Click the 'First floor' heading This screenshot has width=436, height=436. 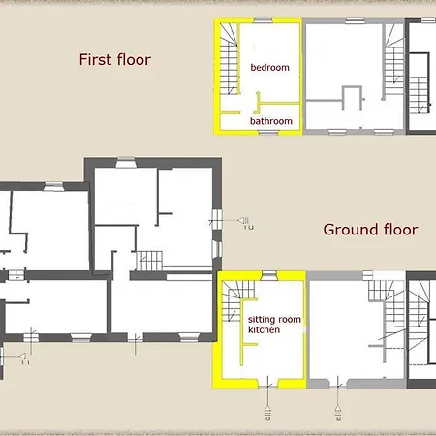[x=115, y=60]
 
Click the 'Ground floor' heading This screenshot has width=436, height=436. [x=370, y=230]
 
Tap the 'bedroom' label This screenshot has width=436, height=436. [x=270, y=68]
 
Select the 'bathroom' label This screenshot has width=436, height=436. [x=271, y=121]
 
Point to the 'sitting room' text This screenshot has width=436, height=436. [x=274, y=320]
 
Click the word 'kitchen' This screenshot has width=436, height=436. [x=264, y=329]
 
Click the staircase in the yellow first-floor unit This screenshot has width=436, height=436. [x=229, y=59]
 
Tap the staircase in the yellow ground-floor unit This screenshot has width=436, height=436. [x=235, y=301]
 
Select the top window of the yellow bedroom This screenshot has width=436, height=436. [x=263, y=20]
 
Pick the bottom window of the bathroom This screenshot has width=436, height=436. [x=268, y=133]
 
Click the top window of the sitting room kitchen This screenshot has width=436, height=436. [x=268, y=275]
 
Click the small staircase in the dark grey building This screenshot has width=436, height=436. [x=149, y=261]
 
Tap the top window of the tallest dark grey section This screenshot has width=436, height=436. [x=126, y=163]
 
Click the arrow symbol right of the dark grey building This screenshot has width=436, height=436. [x=244, y=221]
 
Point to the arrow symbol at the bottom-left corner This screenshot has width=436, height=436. [x=22, y=357]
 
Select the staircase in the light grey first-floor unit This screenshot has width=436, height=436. [x=393, y=60]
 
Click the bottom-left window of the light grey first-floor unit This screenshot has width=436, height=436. [x=337, y=132]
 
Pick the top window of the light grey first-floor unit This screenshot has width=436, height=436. [x=355, y=21]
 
